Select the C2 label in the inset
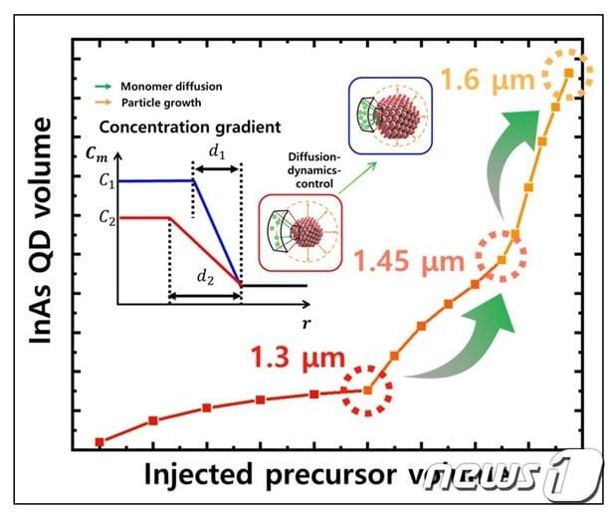(x=107, y=216)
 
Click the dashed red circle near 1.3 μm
(x=368, y=390)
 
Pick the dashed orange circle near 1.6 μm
(x=568, y=73)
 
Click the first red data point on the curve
(x=100, y=441)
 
